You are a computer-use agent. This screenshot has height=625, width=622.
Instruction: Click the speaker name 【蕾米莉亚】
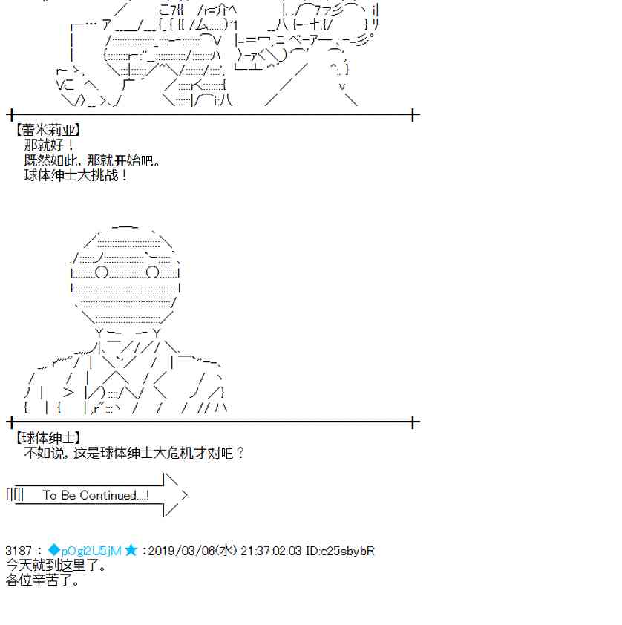48,131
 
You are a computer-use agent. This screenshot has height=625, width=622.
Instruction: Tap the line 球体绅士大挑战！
76,175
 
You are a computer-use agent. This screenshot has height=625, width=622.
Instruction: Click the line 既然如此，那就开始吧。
92,160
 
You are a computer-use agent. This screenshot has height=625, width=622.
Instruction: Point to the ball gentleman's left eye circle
102,272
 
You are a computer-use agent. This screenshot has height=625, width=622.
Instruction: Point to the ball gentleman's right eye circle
153,272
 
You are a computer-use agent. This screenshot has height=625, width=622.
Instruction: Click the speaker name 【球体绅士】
48,438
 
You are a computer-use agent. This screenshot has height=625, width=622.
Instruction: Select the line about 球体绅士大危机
134,454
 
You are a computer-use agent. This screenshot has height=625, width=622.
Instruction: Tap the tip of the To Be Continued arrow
187,495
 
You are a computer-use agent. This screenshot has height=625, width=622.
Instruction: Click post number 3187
19,551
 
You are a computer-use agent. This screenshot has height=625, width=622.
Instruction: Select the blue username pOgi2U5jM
91,552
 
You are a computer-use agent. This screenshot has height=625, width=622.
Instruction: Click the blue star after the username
131,551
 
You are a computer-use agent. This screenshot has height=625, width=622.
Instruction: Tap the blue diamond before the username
53,551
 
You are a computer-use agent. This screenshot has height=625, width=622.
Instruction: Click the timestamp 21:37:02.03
271,551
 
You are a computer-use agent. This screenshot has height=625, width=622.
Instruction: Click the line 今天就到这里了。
56,565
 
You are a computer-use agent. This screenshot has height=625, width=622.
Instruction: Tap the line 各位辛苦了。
42,580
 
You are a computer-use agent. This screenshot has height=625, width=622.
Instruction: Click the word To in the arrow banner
50,495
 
